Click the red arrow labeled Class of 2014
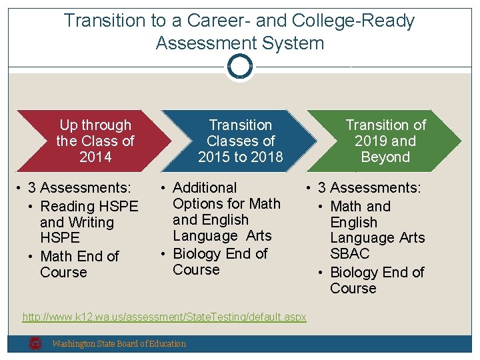tap(87, 141)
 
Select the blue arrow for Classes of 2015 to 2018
tap(241, 141)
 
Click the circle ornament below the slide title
tap(239, 67)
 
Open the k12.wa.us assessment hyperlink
tap(165, 317)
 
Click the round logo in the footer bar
tap(35, 343)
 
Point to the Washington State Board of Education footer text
tap(119, 344)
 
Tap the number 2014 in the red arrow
tap(95, 157)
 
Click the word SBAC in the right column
tap(349, 254)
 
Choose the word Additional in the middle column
tap(205, 188)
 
